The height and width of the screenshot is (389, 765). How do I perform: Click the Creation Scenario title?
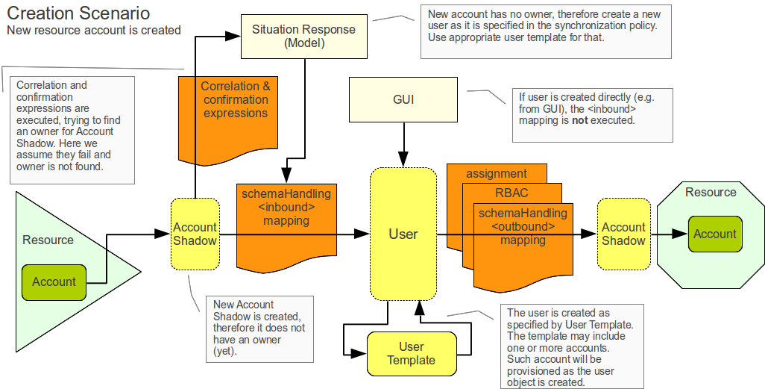(78, 13)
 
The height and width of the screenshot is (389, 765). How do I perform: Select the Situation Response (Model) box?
(303, 36)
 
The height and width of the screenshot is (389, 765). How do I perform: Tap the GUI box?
(403, 99)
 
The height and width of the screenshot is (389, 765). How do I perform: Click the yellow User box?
(403, 234)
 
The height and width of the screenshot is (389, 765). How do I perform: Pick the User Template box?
(411, 353)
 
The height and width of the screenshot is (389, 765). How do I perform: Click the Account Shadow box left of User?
(195, 234)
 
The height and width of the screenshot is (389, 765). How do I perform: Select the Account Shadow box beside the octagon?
(623, 234)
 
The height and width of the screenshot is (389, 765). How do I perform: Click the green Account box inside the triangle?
(54, 281)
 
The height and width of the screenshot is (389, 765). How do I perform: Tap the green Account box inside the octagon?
(714, 234)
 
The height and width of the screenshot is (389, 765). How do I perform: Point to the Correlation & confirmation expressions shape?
(235, 105)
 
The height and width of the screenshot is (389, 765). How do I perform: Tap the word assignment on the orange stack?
(497, 173)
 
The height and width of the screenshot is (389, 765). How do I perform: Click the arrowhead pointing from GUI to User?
(403, 160)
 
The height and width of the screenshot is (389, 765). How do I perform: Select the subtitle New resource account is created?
(94, 31)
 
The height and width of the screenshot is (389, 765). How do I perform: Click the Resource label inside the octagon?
(711, 192)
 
